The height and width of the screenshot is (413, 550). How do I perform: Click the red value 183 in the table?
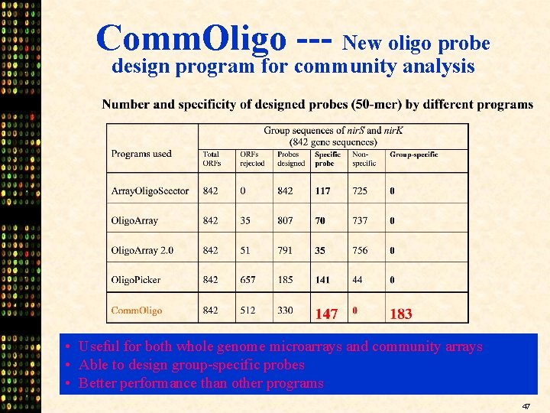point(400,314)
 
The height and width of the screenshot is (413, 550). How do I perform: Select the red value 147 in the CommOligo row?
point(326,314)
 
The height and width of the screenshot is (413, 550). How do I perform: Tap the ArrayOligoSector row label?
point(150,190)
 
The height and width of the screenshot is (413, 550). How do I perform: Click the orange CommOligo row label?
point(137,311)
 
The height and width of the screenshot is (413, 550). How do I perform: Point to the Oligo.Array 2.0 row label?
point(142,250)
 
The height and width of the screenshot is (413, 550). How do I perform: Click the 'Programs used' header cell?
point(141,154)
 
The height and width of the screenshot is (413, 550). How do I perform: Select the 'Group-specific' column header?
point(413,154)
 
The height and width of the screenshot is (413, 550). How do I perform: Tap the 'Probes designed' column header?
point(290,158)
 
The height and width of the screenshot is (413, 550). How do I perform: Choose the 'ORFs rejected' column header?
point(252,158)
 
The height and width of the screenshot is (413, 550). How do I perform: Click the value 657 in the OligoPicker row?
point(247,280)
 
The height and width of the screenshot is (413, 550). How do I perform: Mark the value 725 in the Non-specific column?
point(359,190)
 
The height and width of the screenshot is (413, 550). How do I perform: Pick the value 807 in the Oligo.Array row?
point(285,220)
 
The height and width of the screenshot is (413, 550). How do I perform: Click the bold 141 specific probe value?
point(323,280)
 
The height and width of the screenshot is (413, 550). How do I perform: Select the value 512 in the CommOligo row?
point(247,311)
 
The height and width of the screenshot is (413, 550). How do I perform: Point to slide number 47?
point(526,407)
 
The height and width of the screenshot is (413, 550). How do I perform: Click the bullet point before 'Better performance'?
point(69,383)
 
